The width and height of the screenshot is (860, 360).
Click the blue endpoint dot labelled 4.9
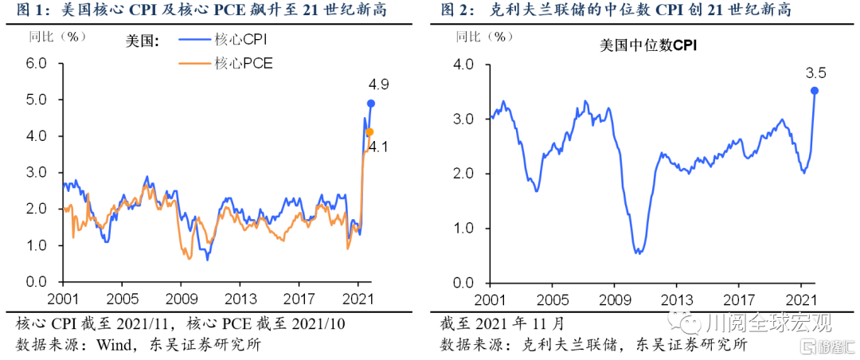coord(371,104)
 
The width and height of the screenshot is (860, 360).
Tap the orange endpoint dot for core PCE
coord(369,132)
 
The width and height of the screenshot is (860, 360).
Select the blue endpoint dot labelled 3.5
coord(815,91)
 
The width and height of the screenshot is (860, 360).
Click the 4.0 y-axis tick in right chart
coord(463,64)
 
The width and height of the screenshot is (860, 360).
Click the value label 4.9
coord(377,84)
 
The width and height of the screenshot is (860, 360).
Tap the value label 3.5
coord(816,73)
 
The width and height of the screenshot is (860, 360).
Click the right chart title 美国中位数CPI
coord(648,47)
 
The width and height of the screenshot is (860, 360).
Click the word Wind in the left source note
coord(113,345)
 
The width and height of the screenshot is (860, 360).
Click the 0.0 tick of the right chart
coord(463,283)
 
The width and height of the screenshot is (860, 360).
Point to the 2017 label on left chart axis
coord(299,299)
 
